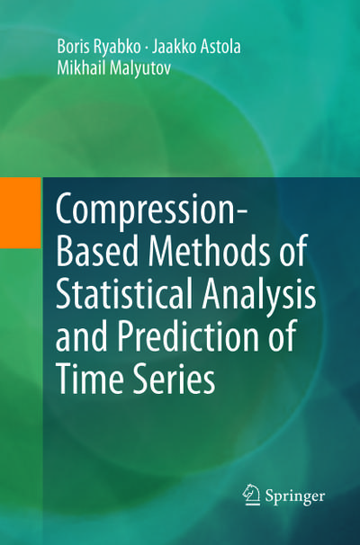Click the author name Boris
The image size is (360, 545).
pyautogui.click(x=71, y=47)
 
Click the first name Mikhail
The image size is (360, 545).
pyautogui.click(x=81, y=67)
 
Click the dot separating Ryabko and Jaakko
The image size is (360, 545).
pyautogui.click(x=146, y=48)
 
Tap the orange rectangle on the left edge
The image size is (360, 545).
pyautogui.click(x=20, y=213)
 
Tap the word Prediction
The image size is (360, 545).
pyautogui.click(x=188, y=335)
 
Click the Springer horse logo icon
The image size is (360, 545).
pyautogui.click(x=251, y=494)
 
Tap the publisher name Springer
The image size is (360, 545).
pyautogui.click(x=294, y=496)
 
